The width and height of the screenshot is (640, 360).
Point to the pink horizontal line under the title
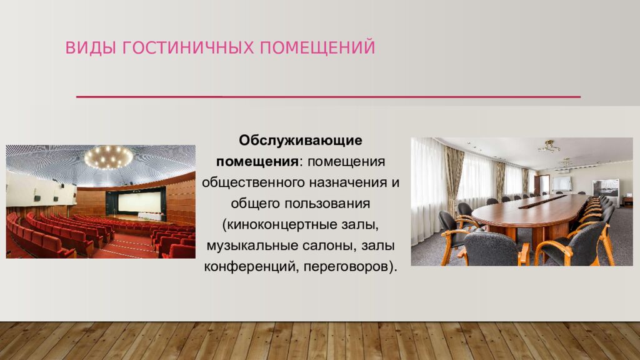click(x=328, y=97)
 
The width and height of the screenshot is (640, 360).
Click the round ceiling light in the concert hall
click(x=109, y=157)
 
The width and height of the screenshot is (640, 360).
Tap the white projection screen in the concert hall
click(x=138, y=202)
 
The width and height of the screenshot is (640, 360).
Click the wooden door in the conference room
click(x=544, y=184)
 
